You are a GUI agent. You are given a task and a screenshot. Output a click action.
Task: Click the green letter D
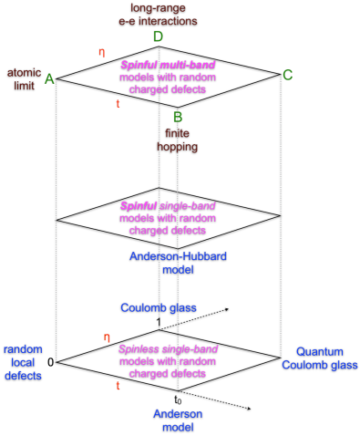(158, 37)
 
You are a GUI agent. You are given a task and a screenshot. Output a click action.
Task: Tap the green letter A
(49, 79)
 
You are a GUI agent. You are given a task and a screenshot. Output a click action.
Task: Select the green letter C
(287, 75)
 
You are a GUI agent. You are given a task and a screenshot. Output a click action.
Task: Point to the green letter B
(178, 117)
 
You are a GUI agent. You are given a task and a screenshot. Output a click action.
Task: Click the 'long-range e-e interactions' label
(163, 14)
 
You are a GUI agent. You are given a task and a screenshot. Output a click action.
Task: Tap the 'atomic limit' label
(24, 78)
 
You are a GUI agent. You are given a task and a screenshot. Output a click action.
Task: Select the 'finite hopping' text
(177, 140)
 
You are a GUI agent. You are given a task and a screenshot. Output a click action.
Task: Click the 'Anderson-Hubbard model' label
(178, 263)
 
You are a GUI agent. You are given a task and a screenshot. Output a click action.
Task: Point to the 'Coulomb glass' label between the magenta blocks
(159, 308)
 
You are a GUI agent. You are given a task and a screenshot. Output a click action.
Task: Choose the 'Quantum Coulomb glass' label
(319, 358)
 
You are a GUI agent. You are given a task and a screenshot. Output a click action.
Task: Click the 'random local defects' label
(23, 362)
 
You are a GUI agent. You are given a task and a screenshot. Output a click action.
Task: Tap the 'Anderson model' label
(178, 420)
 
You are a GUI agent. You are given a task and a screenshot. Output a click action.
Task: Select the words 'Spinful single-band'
(168, 206)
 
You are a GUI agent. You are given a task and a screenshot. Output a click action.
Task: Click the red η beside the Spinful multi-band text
(102, 52)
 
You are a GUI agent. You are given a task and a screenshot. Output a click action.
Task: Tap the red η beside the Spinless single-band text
(107, 337)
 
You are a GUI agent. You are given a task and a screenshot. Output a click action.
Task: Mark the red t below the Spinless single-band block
(118, 386)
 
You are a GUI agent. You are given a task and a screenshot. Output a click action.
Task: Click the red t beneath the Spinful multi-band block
(118, 104)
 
